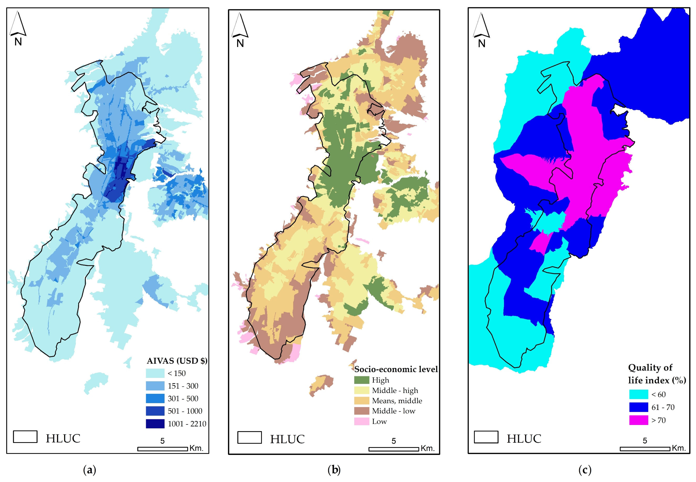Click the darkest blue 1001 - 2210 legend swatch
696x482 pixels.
pyautogui.click(x=155, y=423)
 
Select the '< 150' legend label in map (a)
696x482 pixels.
pyautogui.click(x=177, y=373)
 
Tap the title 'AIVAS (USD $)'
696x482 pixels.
pyautogui.click(x=177, y=361)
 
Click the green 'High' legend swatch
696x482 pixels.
pyautogui.click(x=361, y=380)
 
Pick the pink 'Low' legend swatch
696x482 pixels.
pyautogui.click(x=361, y=421)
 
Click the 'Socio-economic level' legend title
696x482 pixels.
pyautogui.click(x=396, y=369)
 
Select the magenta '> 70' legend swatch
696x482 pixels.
pyautogui.click(x=638, y=420)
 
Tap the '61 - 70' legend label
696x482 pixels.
pyautogui.click(x=663, y=407)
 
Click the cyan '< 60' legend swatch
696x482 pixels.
pyautogui.click(x=638, y=394)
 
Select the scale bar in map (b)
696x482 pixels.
pyautogui.click(x=393, y=449)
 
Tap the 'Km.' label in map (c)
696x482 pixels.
pyautogui.click(x=679, y=448)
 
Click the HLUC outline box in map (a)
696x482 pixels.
pyautogui.click(x=25, y=437)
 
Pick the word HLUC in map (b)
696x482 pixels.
pyautogui.click(x=287, y=439)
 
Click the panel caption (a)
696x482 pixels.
pyautogui.click(x=89, y=470)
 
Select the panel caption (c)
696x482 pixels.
pyautogui.click(x=585, y=470)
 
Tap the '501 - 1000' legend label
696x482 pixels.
pyautogui.click(x=185, y=411)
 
